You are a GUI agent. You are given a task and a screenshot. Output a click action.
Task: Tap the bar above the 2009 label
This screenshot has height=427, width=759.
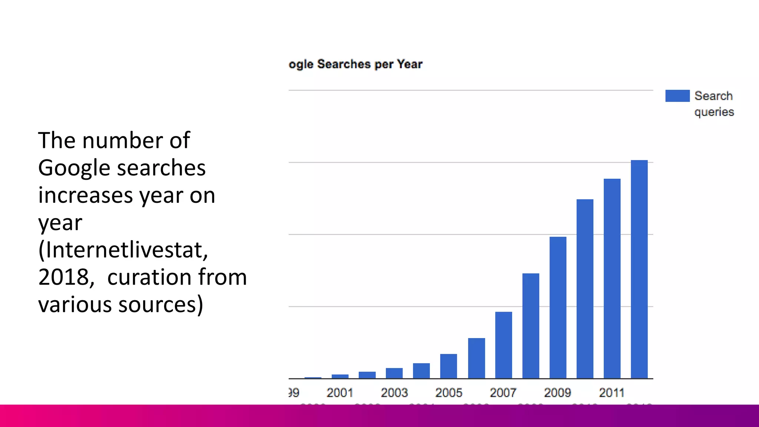(x=558, y=308)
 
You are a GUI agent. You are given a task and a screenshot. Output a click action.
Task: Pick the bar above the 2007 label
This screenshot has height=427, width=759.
(x=503, y=345)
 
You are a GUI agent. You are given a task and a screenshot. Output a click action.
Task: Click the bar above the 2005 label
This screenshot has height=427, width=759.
(x=448, y=366)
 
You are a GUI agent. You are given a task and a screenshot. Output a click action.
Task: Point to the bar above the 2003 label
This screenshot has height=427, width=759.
(x=394, y=373)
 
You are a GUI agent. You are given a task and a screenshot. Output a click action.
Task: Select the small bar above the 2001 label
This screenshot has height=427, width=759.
(x=340, y=376)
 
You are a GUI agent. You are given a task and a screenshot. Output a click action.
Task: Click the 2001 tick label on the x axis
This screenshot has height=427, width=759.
(x=340, y=393)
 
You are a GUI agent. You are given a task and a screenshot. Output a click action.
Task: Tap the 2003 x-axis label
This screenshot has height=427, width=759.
(x=394, y=393)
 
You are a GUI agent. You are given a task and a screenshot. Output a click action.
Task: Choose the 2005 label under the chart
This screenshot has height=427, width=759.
(x=448, y=393)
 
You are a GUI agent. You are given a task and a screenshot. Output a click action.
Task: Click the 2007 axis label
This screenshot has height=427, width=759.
(x=503, y=393)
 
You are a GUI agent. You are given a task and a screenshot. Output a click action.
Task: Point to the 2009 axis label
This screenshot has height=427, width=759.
(x=557, y=393)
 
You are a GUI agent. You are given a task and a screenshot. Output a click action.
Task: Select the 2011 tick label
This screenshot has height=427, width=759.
(x=611, y=393)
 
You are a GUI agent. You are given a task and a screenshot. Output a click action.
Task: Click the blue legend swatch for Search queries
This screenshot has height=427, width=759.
(x=677, y=96)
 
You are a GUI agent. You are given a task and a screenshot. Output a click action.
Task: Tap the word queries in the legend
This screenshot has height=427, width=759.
(x=714, y=112)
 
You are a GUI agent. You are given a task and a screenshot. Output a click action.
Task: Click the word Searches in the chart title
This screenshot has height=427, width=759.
(x=344, y=64)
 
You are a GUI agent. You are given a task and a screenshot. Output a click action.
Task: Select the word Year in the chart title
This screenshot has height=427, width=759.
(x=410, y=64)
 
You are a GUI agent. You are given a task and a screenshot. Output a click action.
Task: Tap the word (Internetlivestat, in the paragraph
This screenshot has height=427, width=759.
(x=123, y=250)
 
